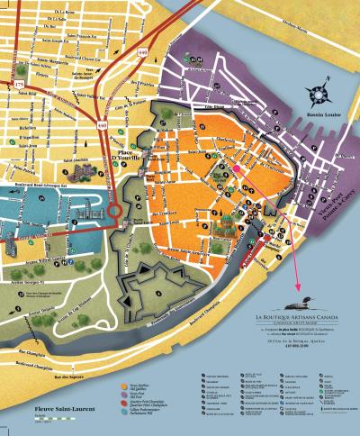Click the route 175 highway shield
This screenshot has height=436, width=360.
20,85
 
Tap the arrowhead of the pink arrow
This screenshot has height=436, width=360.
297,282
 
